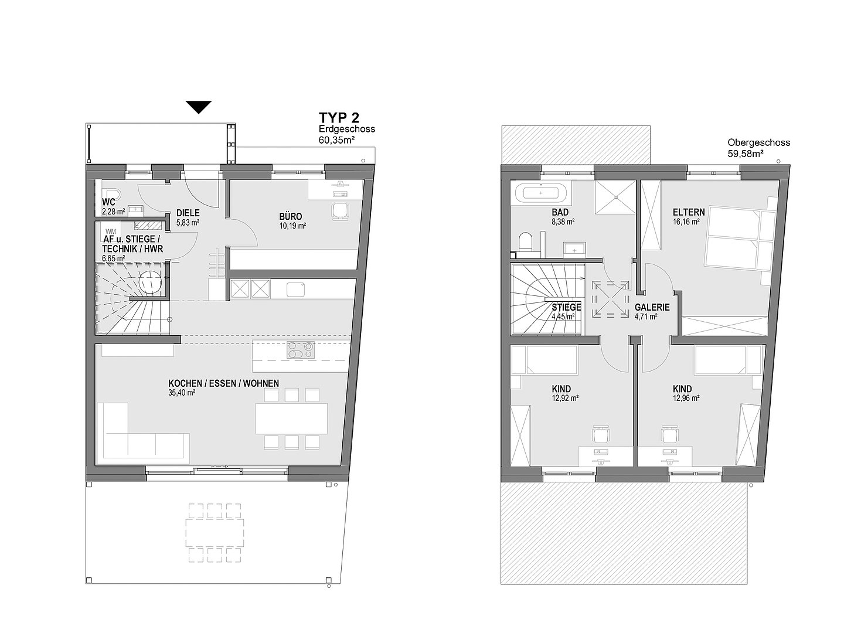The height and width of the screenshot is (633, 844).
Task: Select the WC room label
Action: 108,203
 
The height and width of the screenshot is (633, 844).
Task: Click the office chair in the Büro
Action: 340,211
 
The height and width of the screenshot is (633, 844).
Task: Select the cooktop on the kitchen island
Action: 300,350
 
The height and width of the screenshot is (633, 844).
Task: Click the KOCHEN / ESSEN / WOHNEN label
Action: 223,383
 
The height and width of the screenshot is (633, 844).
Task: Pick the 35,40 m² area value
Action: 182,393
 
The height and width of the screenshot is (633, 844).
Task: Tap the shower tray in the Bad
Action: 615,197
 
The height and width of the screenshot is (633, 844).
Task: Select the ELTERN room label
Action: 689,212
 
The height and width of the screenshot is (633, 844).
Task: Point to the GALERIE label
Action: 652,308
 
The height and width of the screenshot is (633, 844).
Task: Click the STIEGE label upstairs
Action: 566,308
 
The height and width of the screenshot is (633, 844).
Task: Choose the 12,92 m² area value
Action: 565,398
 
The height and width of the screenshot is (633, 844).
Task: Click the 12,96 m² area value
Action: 686,398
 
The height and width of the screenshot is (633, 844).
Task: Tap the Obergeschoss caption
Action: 758,142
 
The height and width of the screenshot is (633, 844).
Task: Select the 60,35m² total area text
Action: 336,140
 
